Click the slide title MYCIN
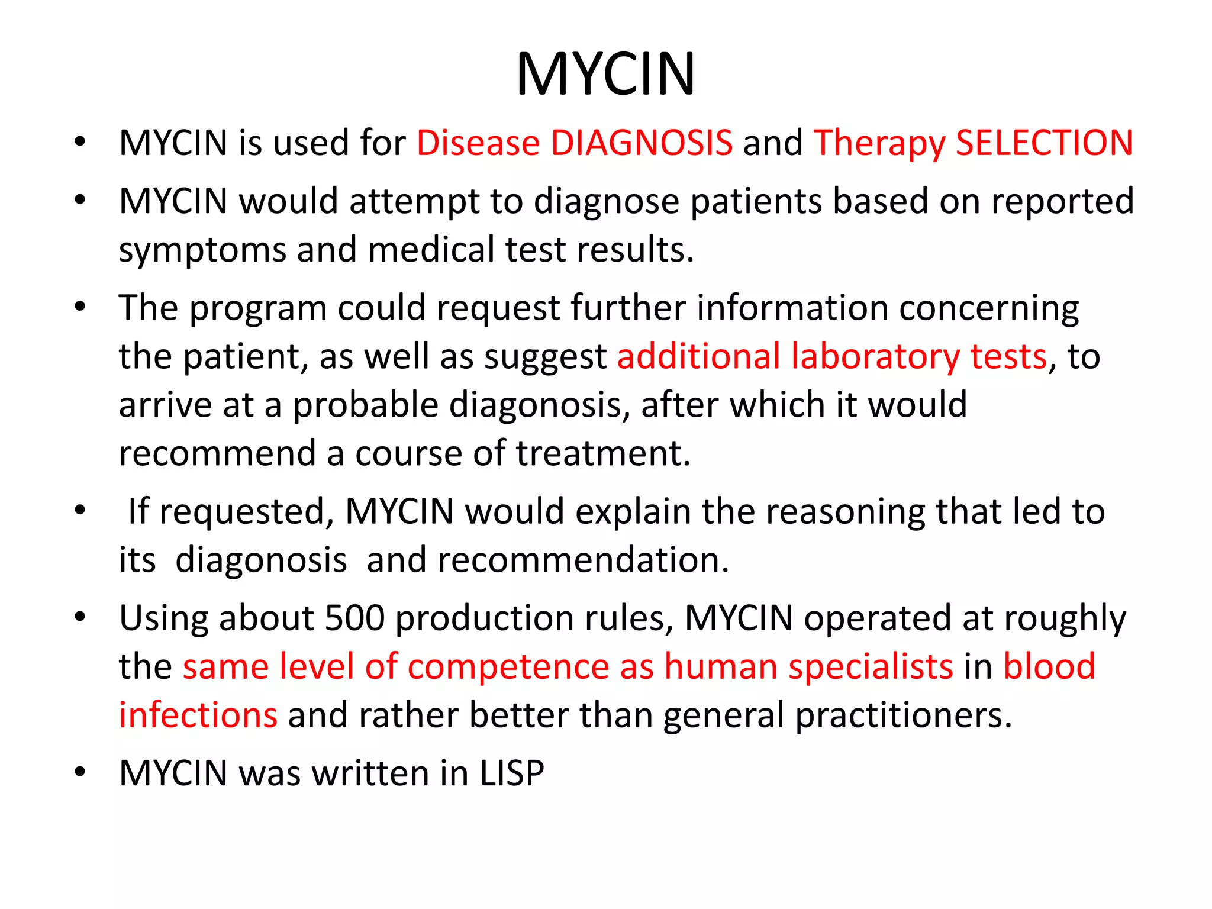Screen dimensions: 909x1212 pyautogui.click(x=605, y=74)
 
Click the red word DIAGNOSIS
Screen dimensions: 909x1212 pyautogui.click(x=642, y=143)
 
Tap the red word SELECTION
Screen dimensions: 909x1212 pyautogui.click(x=1044, y=143)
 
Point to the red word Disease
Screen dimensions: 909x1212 pyautogui.click(x=478, y=143)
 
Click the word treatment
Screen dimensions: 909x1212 pyautogui.click(x=603, y=454)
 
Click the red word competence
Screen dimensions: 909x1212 pyautogui.click(x=508, y=668)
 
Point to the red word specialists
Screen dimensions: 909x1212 pyautogui.click(x=871, y=668)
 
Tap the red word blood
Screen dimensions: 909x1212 pyautogui.click(x=1049, y=666)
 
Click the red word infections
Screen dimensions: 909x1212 pyautogui.click(x=198, y=715)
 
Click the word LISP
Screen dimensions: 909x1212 pyautogui.click(x=512, y=773)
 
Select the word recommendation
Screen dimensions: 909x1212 pyautogui.click(x=583, y=560)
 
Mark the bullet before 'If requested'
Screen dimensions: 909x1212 pyautogui.click(x=80, y=511)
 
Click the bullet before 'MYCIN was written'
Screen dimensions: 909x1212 pyautogui.click(x=80, y=772)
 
